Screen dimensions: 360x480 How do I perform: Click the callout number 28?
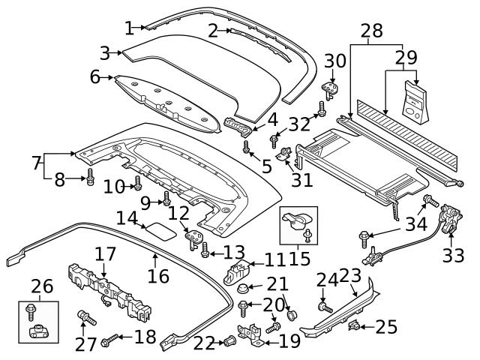[x=371, y=31]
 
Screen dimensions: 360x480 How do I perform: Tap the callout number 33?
[x=453, y=256]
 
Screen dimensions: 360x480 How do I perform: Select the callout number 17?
[x=104, y=254]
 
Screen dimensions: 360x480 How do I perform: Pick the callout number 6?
[x=94, y=76]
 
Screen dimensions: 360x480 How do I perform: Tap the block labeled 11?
[x=237, y=270]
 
